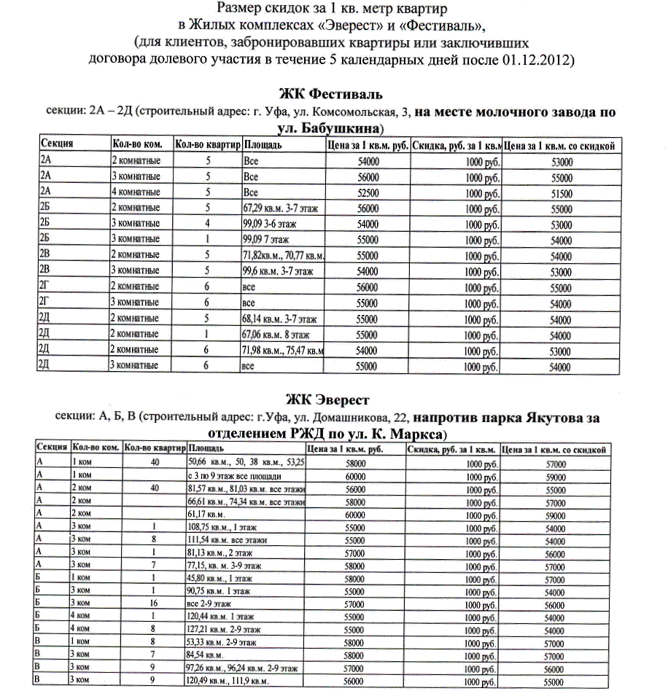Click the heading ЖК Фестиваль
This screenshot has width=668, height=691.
[x=333, y=95]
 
